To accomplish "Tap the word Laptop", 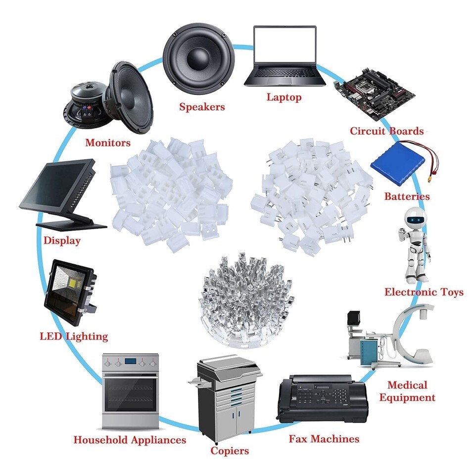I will coord(284,97).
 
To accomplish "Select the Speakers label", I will coord(202,106).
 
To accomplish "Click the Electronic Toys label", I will coord(424,292).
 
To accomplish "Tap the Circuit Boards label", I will coord(387,131).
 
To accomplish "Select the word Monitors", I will coord(108,142).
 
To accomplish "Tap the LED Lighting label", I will coord(74,336).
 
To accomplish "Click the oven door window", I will coord(130,395).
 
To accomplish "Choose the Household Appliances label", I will coord(130,439).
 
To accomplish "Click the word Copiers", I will coord(230,450).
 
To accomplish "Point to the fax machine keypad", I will coord(335,396).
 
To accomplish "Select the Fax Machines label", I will coord(324,438).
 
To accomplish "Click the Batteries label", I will coord(407,196).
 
